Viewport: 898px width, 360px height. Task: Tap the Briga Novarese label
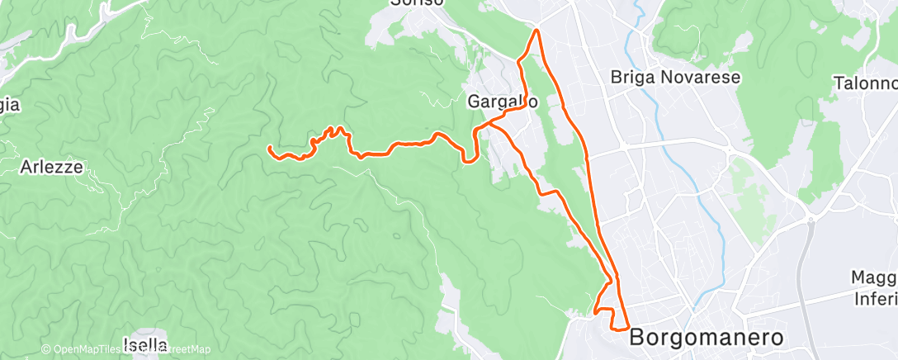(x=676, y=78)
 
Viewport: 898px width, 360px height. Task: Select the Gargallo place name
(x=503, y=102)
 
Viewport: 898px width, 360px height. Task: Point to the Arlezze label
(x=50, y=167)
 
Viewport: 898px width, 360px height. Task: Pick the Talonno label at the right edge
(x=865, y=83)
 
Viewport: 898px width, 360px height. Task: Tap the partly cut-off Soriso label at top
(x=418, y=3)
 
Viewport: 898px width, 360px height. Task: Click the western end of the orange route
(x=270, y=148)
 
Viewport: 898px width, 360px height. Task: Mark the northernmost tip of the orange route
(x=537, y=31)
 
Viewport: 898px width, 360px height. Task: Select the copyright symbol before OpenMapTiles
(x=46, y=350)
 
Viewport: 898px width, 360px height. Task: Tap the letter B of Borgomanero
(x=638, y=339)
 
